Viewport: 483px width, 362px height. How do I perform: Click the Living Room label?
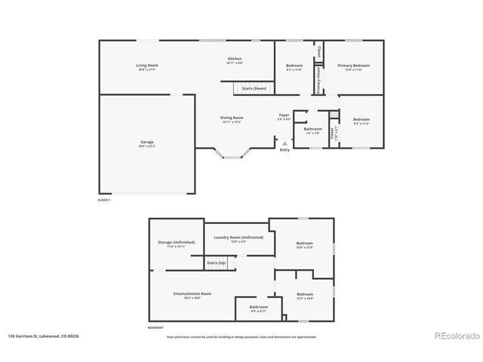pos(146,66)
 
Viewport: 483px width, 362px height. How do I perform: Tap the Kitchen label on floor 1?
pos(235,60)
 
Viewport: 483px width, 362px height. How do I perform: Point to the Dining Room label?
pos(232,118)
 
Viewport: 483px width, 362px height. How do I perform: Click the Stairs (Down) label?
pos(254,88)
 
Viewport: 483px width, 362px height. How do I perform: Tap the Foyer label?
pos(284,115)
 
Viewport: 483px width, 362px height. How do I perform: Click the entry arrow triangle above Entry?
pos(285,143)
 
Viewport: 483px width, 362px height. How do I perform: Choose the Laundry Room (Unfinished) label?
pos(238,238)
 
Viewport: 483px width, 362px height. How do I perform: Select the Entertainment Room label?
pos(192,293)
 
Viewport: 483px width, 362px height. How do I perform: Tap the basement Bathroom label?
pos(259,307)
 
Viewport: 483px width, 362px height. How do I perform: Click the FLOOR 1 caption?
pos(104,200)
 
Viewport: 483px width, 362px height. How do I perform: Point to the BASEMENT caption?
pos(156,328)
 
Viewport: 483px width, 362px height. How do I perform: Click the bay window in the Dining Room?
pos(232,157)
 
